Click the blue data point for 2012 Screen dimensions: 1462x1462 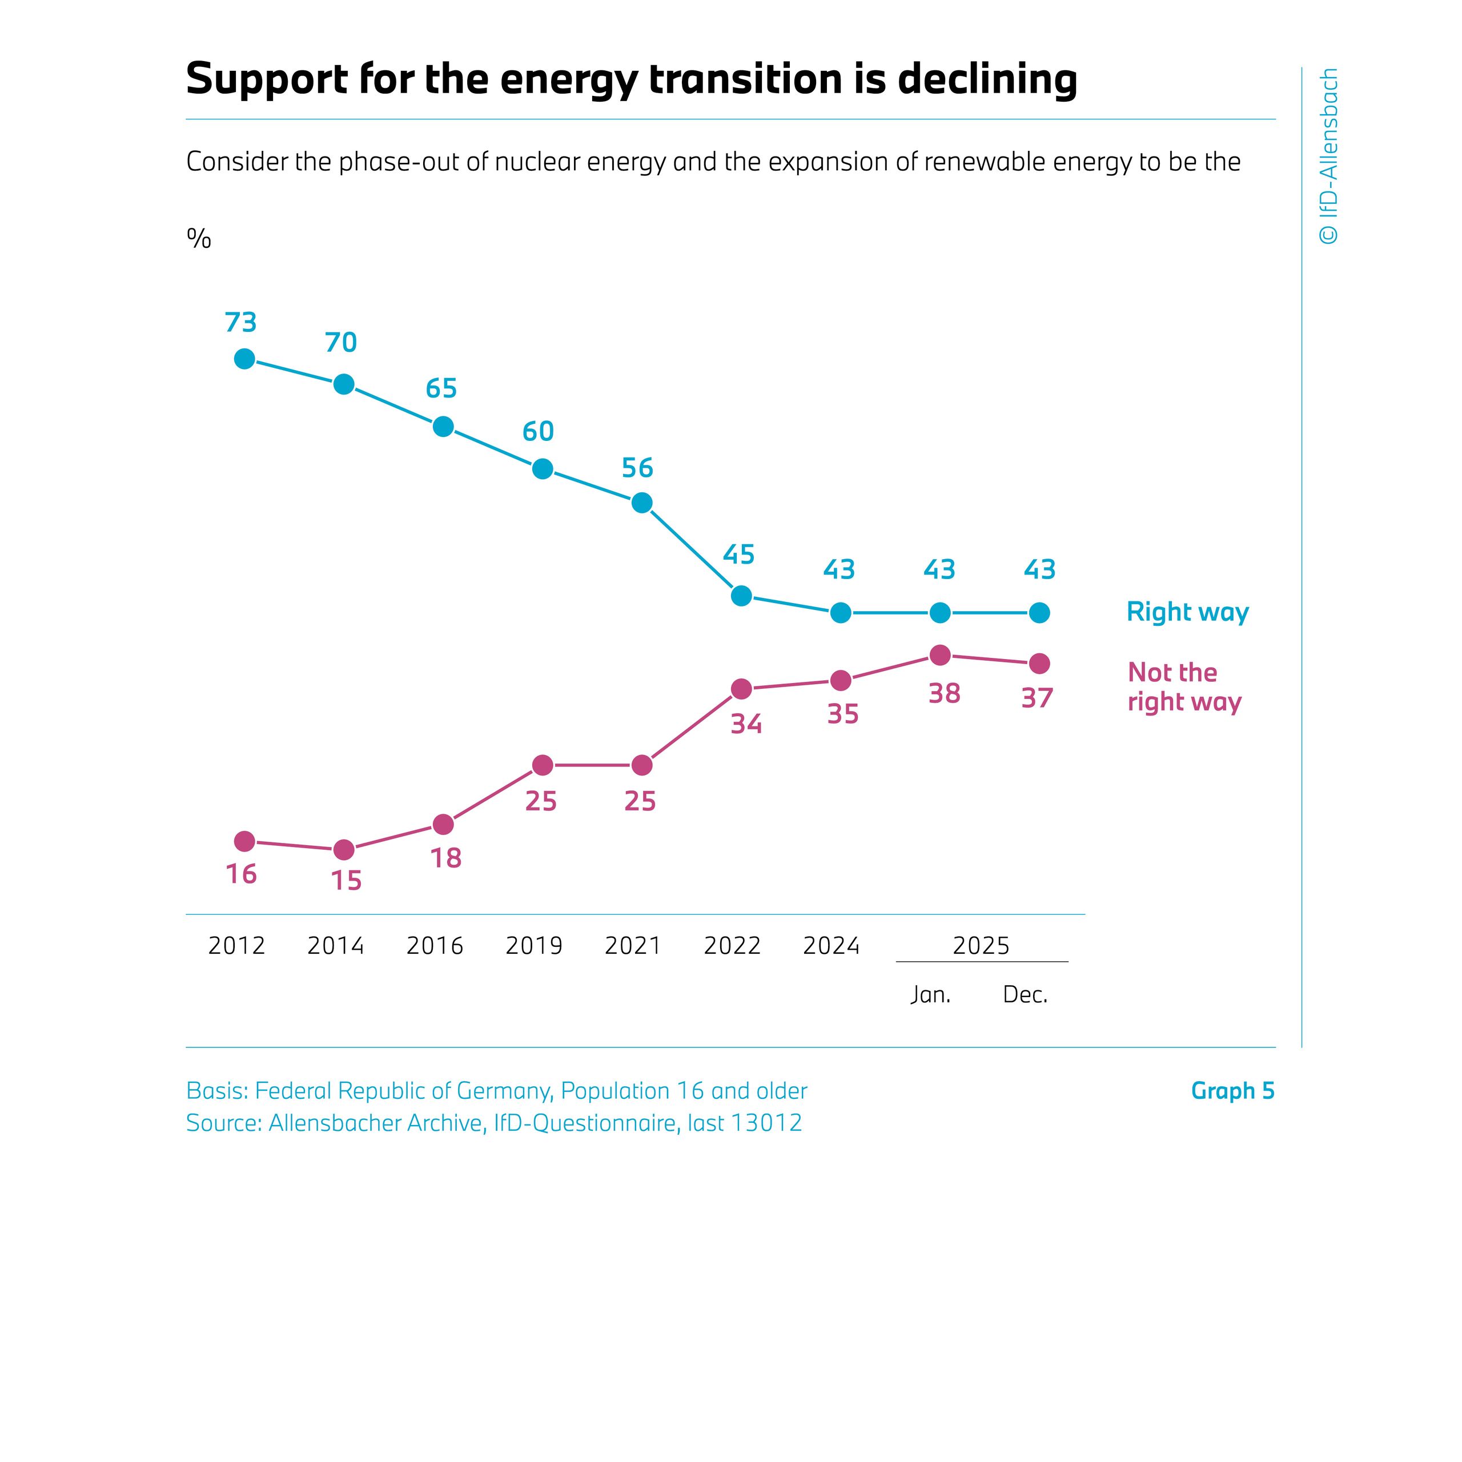(244, 359)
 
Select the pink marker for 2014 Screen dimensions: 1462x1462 (344, 850)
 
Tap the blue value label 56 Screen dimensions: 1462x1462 (637, 468)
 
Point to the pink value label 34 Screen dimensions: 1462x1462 (746, 724)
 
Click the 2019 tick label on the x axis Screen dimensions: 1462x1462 (533, 946)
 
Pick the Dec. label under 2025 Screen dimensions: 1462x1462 (1025, 994)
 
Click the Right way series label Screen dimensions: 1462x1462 (1187, 612)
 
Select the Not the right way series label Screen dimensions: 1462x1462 (1184, 687)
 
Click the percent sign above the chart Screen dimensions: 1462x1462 (199, 239)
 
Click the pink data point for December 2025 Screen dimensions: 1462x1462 (1040, 664)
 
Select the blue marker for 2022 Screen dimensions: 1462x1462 (742, 596)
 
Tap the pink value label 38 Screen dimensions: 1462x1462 (945, 693)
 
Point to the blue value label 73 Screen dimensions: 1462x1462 (240, 323)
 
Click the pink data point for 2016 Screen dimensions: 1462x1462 (443, 824)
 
